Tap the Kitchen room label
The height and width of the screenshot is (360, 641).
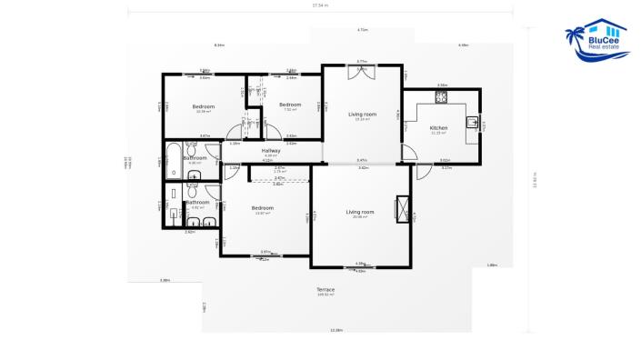click(x=438, y=128)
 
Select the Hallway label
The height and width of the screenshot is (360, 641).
click(x=270, y=150)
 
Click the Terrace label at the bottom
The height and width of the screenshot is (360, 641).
click(x=326, y=290)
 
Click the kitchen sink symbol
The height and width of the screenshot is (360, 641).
click(x=473, y=122)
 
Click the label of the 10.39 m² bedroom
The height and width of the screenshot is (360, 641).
click(x=204, y=106)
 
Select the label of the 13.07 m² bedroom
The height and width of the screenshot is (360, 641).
click(x=263, y=208)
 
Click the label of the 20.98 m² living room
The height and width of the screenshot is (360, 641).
click(x=360, y=212)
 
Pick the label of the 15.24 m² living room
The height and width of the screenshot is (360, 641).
click(x=362, y=115)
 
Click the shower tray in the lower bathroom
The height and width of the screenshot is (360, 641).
click(x=174, y=215)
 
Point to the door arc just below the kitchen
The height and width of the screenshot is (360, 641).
click(x=423, y=171)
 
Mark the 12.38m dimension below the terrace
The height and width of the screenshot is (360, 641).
click(x=336, y=330)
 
